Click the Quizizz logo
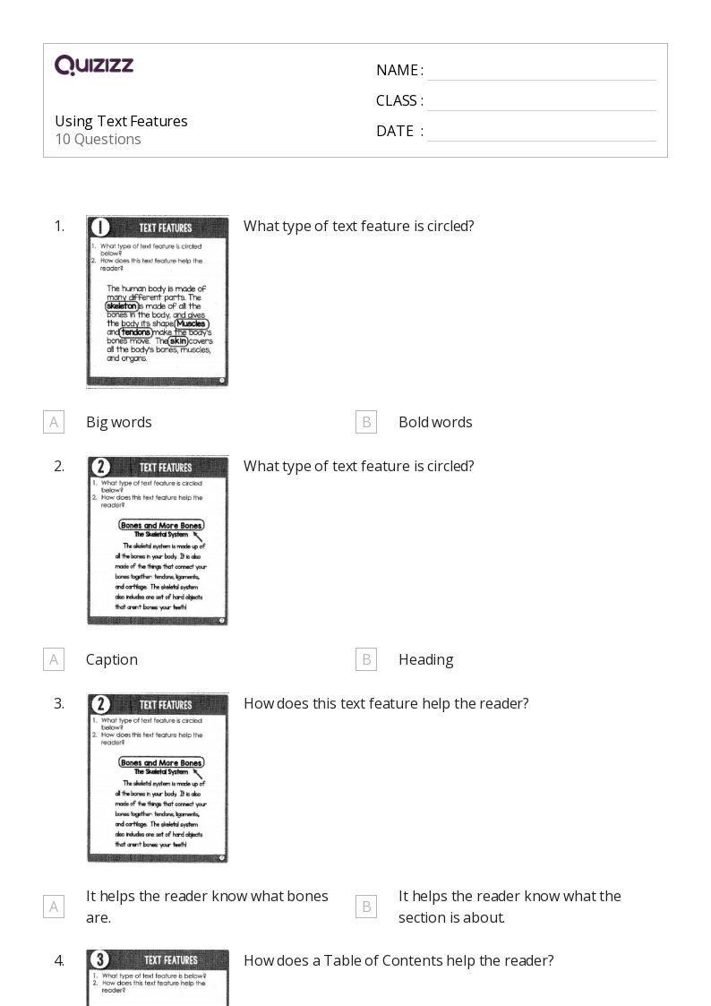[94, 65]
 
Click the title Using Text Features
[121, 121]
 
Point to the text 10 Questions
[98, 139]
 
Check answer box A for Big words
[54, 422]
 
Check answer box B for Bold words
[365, 422]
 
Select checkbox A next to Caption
[54, 659]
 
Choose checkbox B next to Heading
[365, 659]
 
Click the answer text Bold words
[435, 422]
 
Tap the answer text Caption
[112, 659]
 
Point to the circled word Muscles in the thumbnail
[191, 323]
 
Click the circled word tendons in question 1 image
[136, 332]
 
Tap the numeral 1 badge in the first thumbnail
[100, 228]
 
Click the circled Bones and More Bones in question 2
[161, 525]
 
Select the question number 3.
[59, 703]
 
